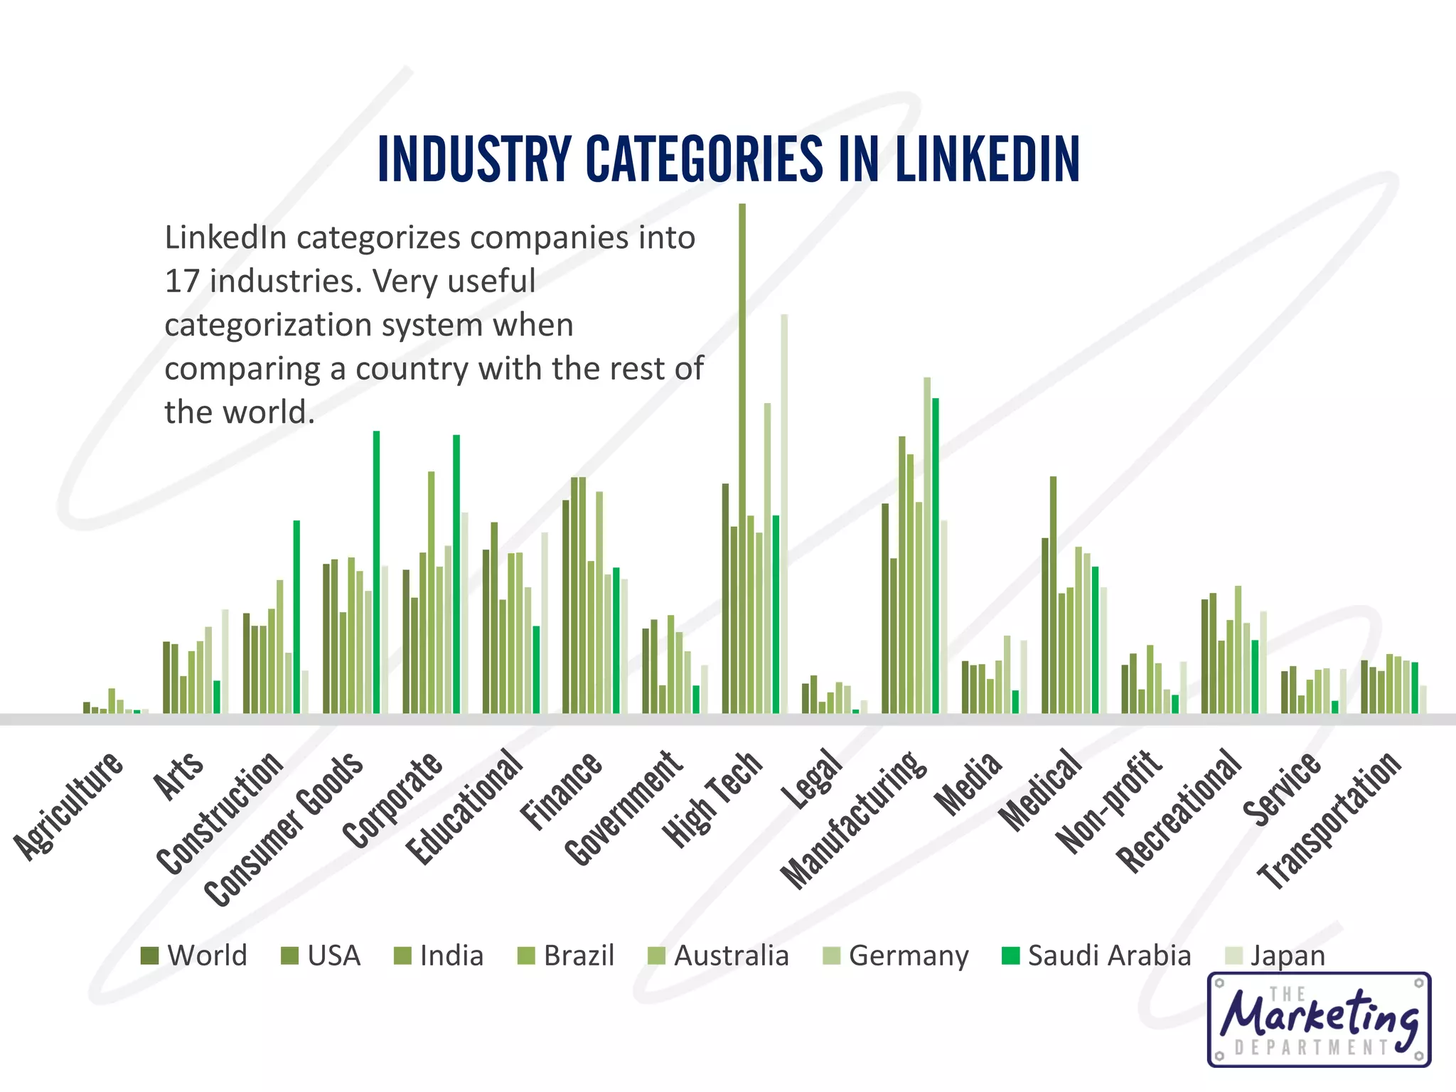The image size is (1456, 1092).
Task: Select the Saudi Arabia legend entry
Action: coord(1096,955)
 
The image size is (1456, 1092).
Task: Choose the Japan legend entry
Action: coord(1275,955)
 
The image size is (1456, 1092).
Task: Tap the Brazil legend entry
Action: coord(566,955)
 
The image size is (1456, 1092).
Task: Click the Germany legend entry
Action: coord(896,955)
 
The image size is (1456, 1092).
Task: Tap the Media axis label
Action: coord(969,783)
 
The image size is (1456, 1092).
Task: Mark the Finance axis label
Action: coord(562,791)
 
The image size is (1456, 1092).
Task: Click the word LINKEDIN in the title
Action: coord(987,159)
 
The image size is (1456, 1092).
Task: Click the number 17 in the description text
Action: coord(181,282)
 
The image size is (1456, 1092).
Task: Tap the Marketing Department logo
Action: coord(1319,1019)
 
